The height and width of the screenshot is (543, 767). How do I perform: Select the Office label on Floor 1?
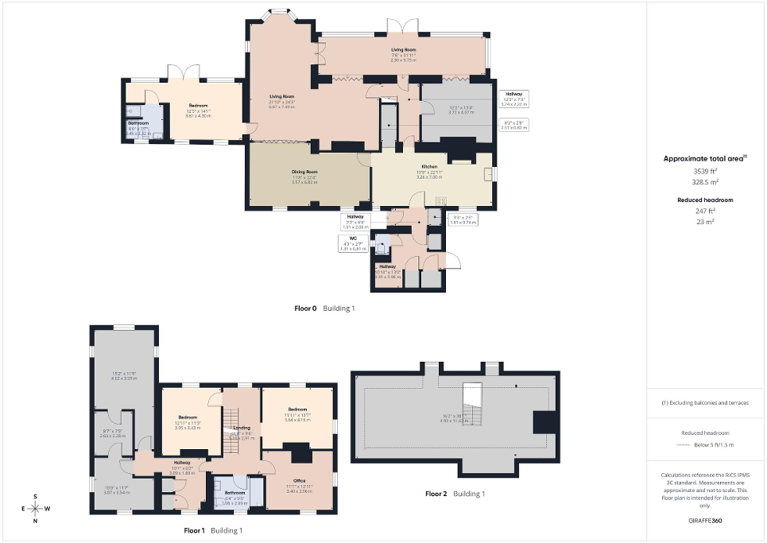[299, 480]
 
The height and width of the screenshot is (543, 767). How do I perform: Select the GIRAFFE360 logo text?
[707, 521]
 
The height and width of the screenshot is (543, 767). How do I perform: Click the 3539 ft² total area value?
[706, 171]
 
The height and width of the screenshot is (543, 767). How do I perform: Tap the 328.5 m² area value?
[706, 181]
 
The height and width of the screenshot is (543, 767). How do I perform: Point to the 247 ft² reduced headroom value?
[706, 211]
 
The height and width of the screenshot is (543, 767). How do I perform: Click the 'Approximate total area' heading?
[704, 158]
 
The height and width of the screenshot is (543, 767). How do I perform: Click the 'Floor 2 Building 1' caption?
[455, 494]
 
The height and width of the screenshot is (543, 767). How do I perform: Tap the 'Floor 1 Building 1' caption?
[213, 530]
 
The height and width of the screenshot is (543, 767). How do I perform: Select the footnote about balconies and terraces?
[706, 403]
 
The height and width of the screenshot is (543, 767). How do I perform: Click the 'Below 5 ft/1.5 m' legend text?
[706, 445]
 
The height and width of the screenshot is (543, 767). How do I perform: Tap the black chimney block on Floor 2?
[544, 421]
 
